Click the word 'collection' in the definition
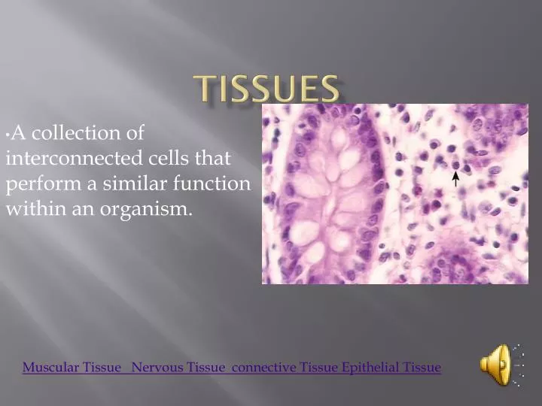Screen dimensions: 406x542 coord(78,134)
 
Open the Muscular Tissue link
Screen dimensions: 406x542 coord(72,368)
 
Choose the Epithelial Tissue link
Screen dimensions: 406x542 coord(391,368)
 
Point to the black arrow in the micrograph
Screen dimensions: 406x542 coord(455,178)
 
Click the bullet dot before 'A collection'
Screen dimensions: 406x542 coord(7,134)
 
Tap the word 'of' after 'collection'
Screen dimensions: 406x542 coord(134,134)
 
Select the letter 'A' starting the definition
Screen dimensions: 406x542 coord(19,134)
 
